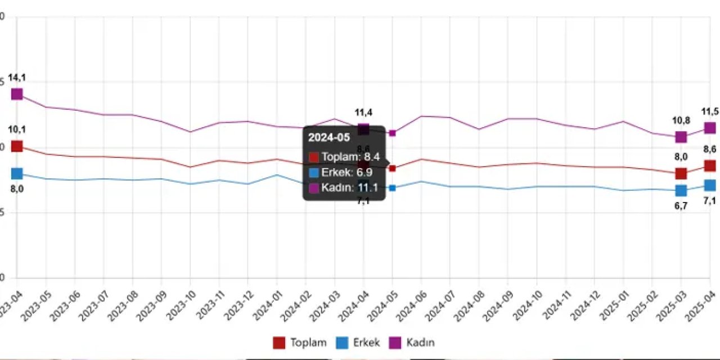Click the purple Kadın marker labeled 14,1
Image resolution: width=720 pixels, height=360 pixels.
point(17,94)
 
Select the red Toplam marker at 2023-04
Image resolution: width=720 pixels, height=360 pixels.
point(17,146)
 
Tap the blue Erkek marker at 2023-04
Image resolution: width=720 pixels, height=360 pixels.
point(17,173)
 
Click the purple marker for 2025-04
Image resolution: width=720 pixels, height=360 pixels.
point(709,128)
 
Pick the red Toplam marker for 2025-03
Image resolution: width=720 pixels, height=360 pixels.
point(681,173)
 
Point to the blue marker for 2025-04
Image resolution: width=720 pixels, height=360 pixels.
point(709,185)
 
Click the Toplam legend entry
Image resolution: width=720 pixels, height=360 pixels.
point(299,343)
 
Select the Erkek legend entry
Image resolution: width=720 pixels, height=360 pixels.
point(358,343)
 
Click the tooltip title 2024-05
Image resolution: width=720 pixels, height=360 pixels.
point(329,137)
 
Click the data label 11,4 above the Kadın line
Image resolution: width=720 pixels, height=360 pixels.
point(363,112)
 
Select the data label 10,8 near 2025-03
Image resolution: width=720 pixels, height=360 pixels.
point(681,120)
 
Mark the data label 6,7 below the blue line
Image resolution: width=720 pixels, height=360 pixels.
point(681,206)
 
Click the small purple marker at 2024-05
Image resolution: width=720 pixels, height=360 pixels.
point(393,133)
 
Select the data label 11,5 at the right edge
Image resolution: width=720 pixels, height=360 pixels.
point(709,111)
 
